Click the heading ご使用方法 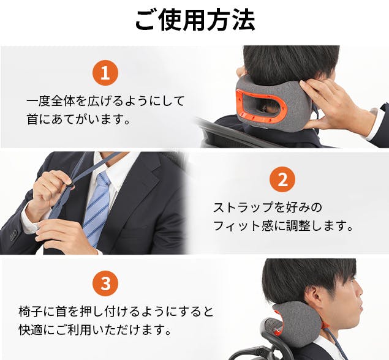click(x=195, y=20)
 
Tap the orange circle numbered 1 click(x=105, y=73)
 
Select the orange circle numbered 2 click(x=282, y=179)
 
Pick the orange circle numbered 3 click(x=105, y=283)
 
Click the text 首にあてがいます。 click(x=78, y=120)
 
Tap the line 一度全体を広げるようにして click(x=105, y=101)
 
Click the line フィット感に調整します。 click(x=283, y=226)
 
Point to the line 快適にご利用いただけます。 click(x=96, y=330)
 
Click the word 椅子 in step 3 click(x=31, y=312)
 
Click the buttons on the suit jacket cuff click(x=13, y=235)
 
